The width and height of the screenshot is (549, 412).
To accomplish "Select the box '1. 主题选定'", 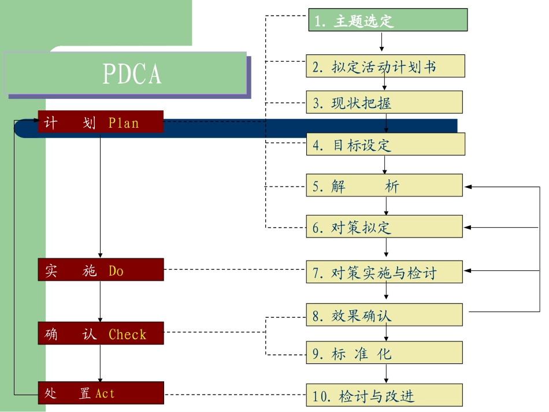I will pyautogui.click(x=387, y=20).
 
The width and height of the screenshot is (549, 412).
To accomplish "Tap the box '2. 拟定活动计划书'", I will pyautogui.click(x=385, y=66).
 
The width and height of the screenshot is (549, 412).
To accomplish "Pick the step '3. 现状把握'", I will pyautogui.click(x=384, y=103).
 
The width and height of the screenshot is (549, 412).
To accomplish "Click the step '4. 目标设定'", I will pyautogui.click(x=385, y=144).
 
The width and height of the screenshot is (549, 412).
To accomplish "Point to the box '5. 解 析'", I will pyautogui.click(x=384, y=186).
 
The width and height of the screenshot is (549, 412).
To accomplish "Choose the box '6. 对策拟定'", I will pyautogui.click(x=384, y=227).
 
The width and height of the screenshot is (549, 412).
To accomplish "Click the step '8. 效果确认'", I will pyautogui.click(x=384, y=316).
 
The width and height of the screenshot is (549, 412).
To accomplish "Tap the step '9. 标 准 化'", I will pyautogui.click(x=384, y=353).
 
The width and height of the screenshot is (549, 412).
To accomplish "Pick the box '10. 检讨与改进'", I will pyautogui.click(x=384, y=396).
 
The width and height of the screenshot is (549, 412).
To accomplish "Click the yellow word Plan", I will pyautogui.click(x=124, y=123).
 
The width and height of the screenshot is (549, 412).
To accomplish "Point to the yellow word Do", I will pyautogui.click(x=116, y=271).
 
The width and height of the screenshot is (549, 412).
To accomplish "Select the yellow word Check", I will pyautogui.click(x=128, y=335).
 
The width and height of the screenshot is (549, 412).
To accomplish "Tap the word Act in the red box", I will pyautogui.click(x=105, y=394).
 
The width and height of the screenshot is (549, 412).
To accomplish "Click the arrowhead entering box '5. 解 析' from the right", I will pyautogui.click(x=468, y=187).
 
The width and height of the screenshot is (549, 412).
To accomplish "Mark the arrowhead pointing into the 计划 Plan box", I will pyautogui.click(x=34, y=121).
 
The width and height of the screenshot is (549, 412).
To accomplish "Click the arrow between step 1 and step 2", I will pyautogui.click(x=382, y=42).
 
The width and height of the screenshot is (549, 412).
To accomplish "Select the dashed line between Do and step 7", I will pyautogui.click(x=235, y=270).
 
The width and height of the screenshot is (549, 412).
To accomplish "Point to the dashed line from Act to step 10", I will pyautogui.click(x=235, y=395).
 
